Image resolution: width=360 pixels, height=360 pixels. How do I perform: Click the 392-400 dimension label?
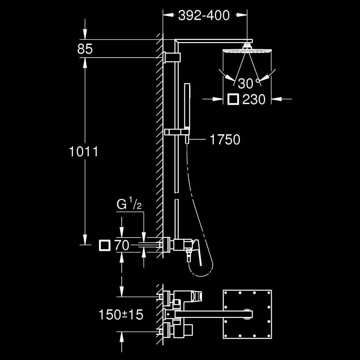click(204, 15)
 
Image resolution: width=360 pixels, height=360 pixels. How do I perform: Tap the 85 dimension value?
click(85, 49)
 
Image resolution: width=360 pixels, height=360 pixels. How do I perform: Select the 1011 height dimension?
click(84, 152)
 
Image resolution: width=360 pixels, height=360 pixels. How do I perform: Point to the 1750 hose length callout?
click(225, 139)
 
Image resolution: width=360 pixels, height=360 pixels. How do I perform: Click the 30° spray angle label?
click(248, 84)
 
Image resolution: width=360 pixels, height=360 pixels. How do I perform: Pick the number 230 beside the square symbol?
click(254, 99)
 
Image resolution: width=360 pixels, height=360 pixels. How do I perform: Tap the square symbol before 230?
click(233, 99)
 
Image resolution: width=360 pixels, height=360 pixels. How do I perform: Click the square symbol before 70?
click(105, 246)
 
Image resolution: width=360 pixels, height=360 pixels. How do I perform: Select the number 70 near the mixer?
click(122, 246)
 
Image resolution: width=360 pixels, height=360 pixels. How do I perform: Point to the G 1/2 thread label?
click(129, 204)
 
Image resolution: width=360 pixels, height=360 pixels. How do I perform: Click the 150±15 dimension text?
click(121, 315)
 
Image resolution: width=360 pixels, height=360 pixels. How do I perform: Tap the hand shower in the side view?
click(187, 105)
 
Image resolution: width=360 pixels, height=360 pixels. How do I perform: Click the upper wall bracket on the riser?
click(172, 57)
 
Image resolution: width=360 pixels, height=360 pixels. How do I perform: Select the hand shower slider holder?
click(177, 132)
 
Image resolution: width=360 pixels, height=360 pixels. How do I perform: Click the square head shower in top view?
click(247, 314)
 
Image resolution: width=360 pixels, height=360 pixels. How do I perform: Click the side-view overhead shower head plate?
click(247, 51)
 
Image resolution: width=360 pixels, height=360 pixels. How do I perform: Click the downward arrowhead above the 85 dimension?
click(85, 35)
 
